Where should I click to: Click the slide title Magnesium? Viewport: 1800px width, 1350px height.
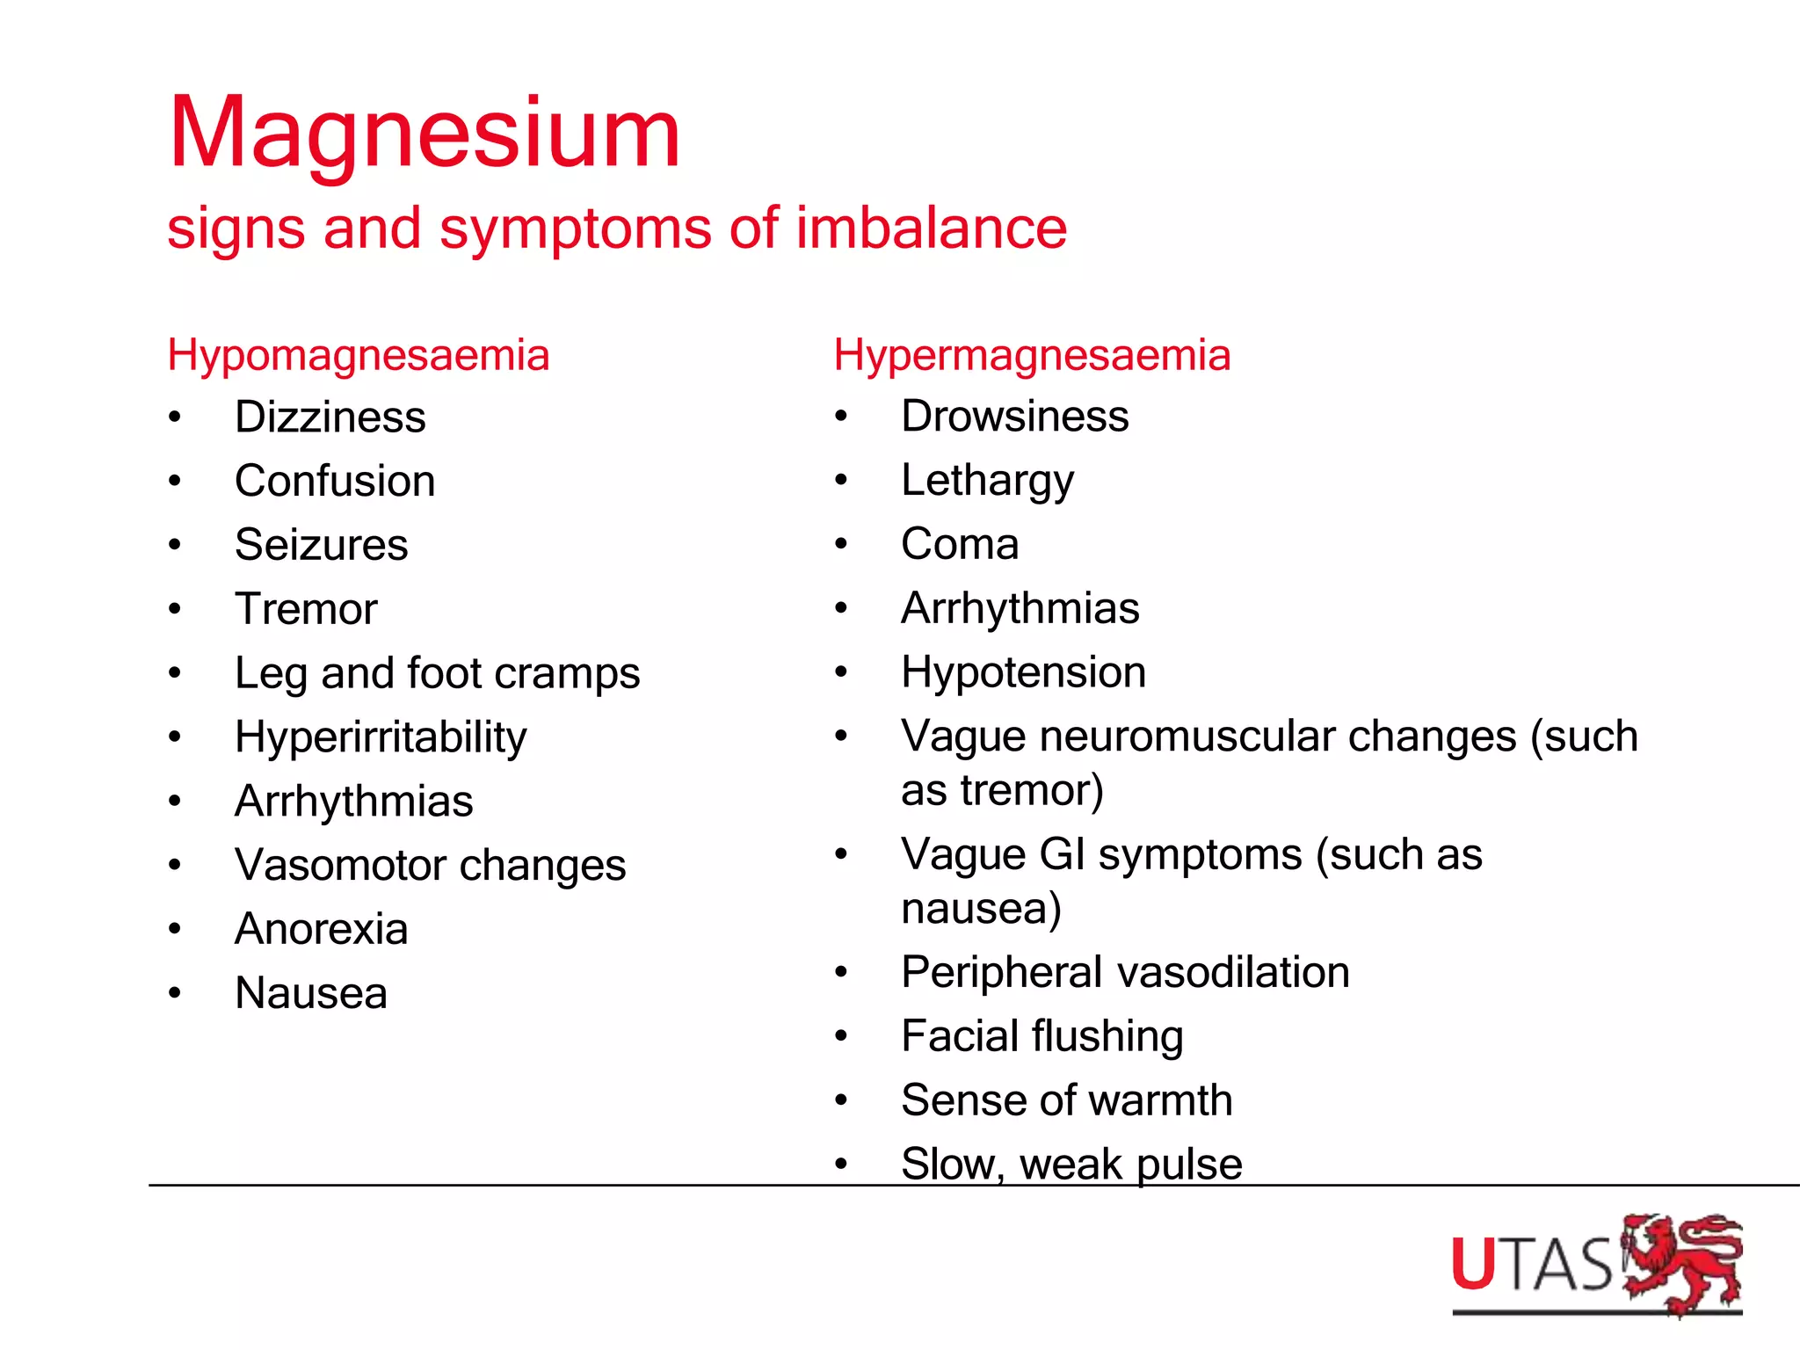pos(425,134)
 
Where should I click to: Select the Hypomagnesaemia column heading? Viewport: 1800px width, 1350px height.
pos(359,356)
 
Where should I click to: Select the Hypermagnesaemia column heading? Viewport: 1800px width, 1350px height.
pos(1032,356)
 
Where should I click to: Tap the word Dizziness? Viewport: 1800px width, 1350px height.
pos(330,417)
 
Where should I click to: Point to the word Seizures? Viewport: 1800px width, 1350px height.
pos(322,545)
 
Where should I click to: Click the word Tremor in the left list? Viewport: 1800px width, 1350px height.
pos(306,609)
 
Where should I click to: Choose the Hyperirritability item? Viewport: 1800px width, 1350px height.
pos(381,737)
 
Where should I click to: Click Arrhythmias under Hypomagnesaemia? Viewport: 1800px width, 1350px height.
pos(354,802)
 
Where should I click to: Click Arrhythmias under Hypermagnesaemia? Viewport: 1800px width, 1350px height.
pos(1020,608)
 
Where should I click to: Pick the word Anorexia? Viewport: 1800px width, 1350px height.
pos(322,929)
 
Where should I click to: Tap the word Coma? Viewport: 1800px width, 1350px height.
pos(960,544)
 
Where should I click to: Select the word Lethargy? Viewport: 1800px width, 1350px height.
pos(987,481)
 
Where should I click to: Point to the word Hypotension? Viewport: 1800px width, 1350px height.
pos(1024,672)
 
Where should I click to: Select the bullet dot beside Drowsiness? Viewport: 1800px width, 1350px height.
pos(841,417)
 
